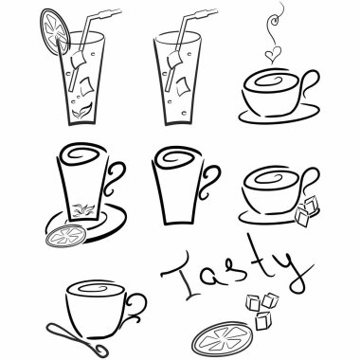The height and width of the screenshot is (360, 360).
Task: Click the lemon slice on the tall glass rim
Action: pyautogui.click(x=54, y=31)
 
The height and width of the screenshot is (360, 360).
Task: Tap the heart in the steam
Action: pyautogui.click(x=272, y=55)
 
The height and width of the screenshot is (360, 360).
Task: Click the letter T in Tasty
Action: pyautogui.click(x=183, y=274)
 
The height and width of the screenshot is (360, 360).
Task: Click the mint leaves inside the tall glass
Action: pyautogui.click(x=81, y=111)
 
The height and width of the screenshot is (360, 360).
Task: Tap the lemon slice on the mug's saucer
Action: pyautogui.click(x=65, y=236)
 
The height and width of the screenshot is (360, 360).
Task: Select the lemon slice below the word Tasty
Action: pyautogui.click(x=223, y=338)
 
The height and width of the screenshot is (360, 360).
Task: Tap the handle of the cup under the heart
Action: pyautogui.click(x=311, y=82)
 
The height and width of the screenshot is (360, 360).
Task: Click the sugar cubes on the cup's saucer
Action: pyautogui.click(x=306, y=211)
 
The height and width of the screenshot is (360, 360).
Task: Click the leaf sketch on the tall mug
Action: pyautogui.click(x=82, y=209)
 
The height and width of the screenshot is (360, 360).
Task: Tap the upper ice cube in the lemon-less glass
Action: pyautogui.click(x=173, y=60)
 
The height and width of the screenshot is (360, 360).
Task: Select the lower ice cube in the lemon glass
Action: pyautogui.click(x=86, y=86)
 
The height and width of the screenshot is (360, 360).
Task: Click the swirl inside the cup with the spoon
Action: pyautogui.click(x=96, y=288)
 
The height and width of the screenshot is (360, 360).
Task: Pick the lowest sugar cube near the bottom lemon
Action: pyautogui.click(x=262, y=321)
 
